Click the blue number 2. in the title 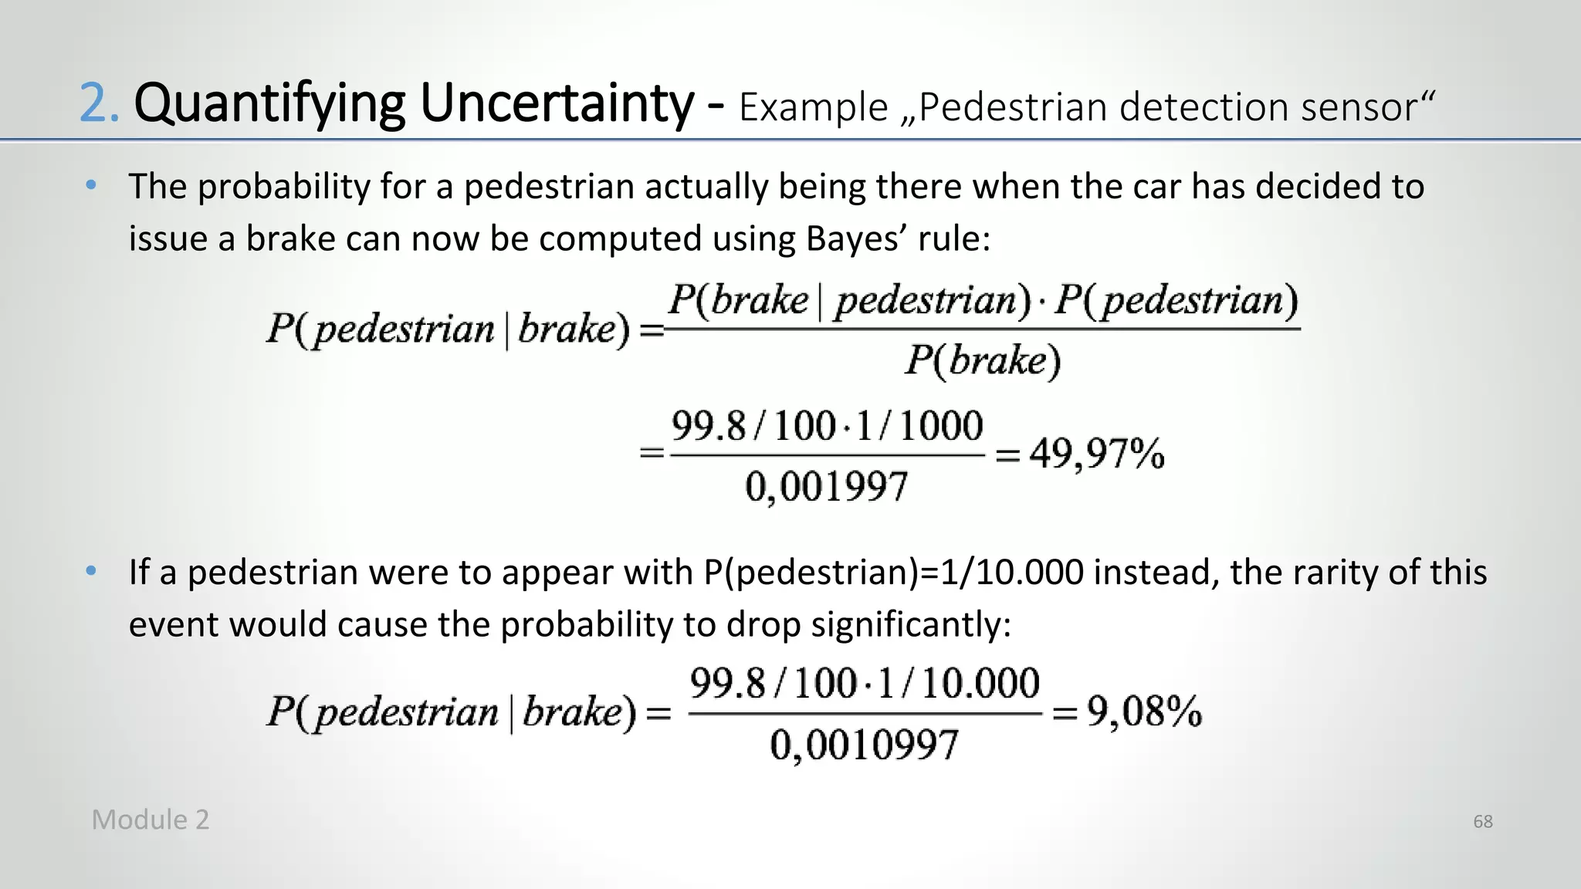[x=99, y=104]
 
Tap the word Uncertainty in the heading [x=557, y=104]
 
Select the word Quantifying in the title [x=269, y=106]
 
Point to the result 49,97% [x=1096, y=453]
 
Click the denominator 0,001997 [x=827, y=487]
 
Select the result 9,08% [x=1144, y=711]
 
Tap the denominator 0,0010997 [x=864, y=745]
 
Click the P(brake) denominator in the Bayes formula [x=983, y=360]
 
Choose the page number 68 [x=1482, y=822]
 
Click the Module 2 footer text [x=151, y=820]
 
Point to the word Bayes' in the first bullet [x=856, y=238]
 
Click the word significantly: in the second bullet [x=911, y=624]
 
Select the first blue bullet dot [x=91, y=185]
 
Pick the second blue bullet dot [x=91, y=571]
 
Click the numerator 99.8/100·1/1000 [x=827, y=427]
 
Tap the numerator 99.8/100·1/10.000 [x=865, y=684]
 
